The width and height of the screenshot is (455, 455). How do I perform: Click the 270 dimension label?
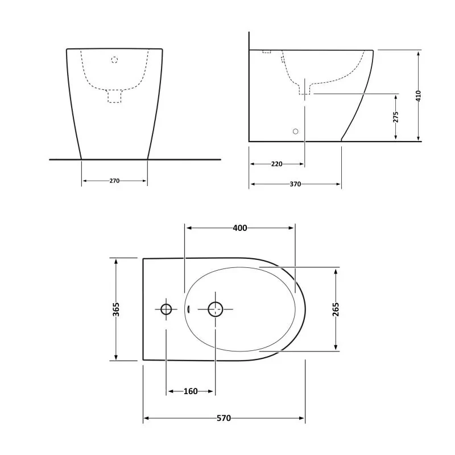pos(114,181)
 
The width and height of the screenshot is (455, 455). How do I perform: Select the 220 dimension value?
pos(276,164)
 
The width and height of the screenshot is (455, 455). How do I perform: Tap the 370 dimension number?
pos(295,184)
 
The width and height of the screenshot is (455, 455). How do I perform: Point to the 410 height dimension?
pos(419,95)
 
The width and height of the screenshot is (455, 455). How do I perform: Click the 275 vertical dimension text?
pos(396,117)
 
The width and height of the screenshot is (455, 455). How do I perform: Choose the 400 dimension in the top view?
pos(240,228)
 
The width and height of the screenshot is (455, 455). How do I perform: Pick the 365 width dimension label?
pos(116,309)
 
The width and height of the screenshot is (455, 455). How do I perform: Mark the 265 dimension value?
pos(336,309)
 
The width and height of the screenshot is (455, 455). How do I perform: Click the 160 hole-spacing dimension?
pos(191,391)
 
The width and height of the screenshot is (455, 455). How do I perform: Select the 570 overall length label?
pos(224,419)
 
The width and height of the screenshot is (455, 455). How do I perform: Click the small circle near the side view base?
pos(295,131)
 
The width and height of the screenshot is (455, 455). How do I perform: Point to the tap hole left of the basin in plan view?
pos(166,309)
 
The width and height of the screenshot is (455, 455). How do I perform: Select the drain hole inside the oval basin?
pos(215,309)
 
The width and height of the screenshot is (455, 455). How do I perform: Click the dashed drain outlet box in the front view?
pos(114,97)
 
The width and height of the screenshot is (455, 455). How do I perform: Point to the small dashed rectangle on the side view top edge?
pos(267,52)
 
